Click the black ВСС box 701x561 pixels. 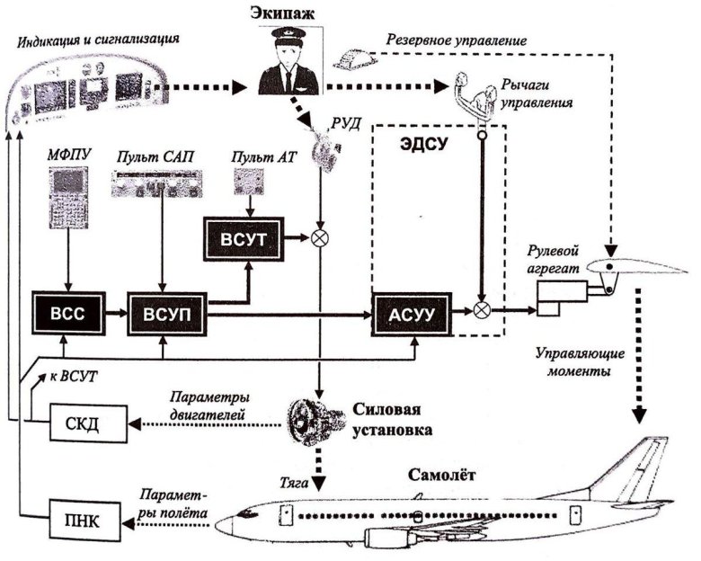click(68, 313)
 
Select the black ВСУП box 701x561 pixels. click(162, 313)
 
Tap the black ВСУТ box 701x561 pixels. click(242, 238)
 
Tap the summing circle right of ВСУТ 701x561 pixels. click(318, 239)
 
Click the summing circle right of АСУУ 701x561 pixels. click(483, 312)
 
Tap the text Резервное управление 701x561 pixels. click(455, 41)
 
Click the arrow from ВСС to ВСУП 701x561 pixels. click(112, 313)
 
